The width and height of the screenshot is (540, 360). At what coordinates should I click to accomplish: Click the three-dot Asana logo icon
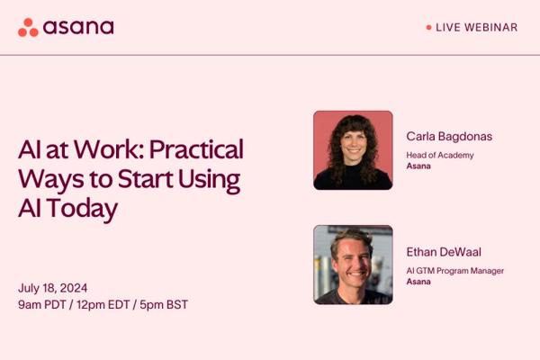coord(28,27)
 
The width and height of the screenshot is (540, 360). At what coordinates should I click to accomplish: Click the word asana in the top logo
coord(78,27)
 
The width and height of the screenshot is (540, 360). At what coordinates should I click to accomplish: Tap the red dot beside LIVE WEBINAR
coord(428,27)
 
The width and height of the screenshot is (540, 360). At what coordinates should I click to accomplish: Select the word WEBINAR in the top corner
coord(491,27)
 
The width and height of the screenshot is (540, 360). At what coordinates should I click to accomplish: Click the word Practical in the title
coord(196,149)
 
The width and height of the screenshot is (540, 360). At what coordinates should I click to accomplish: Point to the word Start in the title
coord(145,179)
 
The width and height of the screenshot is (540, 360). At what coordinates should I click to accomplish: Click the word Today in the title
coord(82,209)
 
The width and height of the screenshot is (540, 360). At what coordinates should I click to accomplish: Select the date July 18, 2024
coord(53,288)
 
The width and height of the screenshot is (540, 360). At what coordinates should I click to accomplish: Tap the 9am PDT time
coord(42,304)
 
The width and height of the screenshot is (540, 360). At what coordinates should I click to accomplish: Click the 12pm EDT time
coord(103,304)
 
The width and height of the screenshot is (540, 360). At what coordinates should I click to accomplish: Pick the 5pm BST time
coord(164,304)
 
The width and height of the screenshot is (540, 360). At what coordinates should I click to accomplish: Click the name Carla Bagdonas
coord(449,137)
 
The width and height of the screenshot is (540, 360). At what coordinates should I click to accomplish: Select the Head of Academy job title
coord(440,156)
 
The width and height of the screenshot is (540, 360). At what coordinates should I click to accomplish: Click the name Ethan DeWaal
coord(444,252)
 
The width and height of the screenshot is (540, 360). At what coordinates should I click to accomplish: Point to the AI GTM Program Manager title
coord(454,271)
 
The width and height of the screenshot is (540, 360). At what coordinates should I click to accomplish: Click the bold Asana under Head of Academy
coord(418,166)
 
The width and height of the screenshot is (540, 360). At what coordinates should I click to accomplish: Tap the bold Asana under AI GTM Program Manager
coord(418,282)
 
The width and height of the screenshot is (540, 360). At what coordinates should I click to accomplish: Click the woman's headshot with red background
coord(353,150)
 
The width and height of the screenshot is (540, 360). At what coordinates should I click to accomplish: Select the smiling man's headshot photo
coord(353,265)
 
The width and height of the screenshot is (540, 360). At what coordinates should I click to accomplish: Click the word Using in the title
coord(209,180)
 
